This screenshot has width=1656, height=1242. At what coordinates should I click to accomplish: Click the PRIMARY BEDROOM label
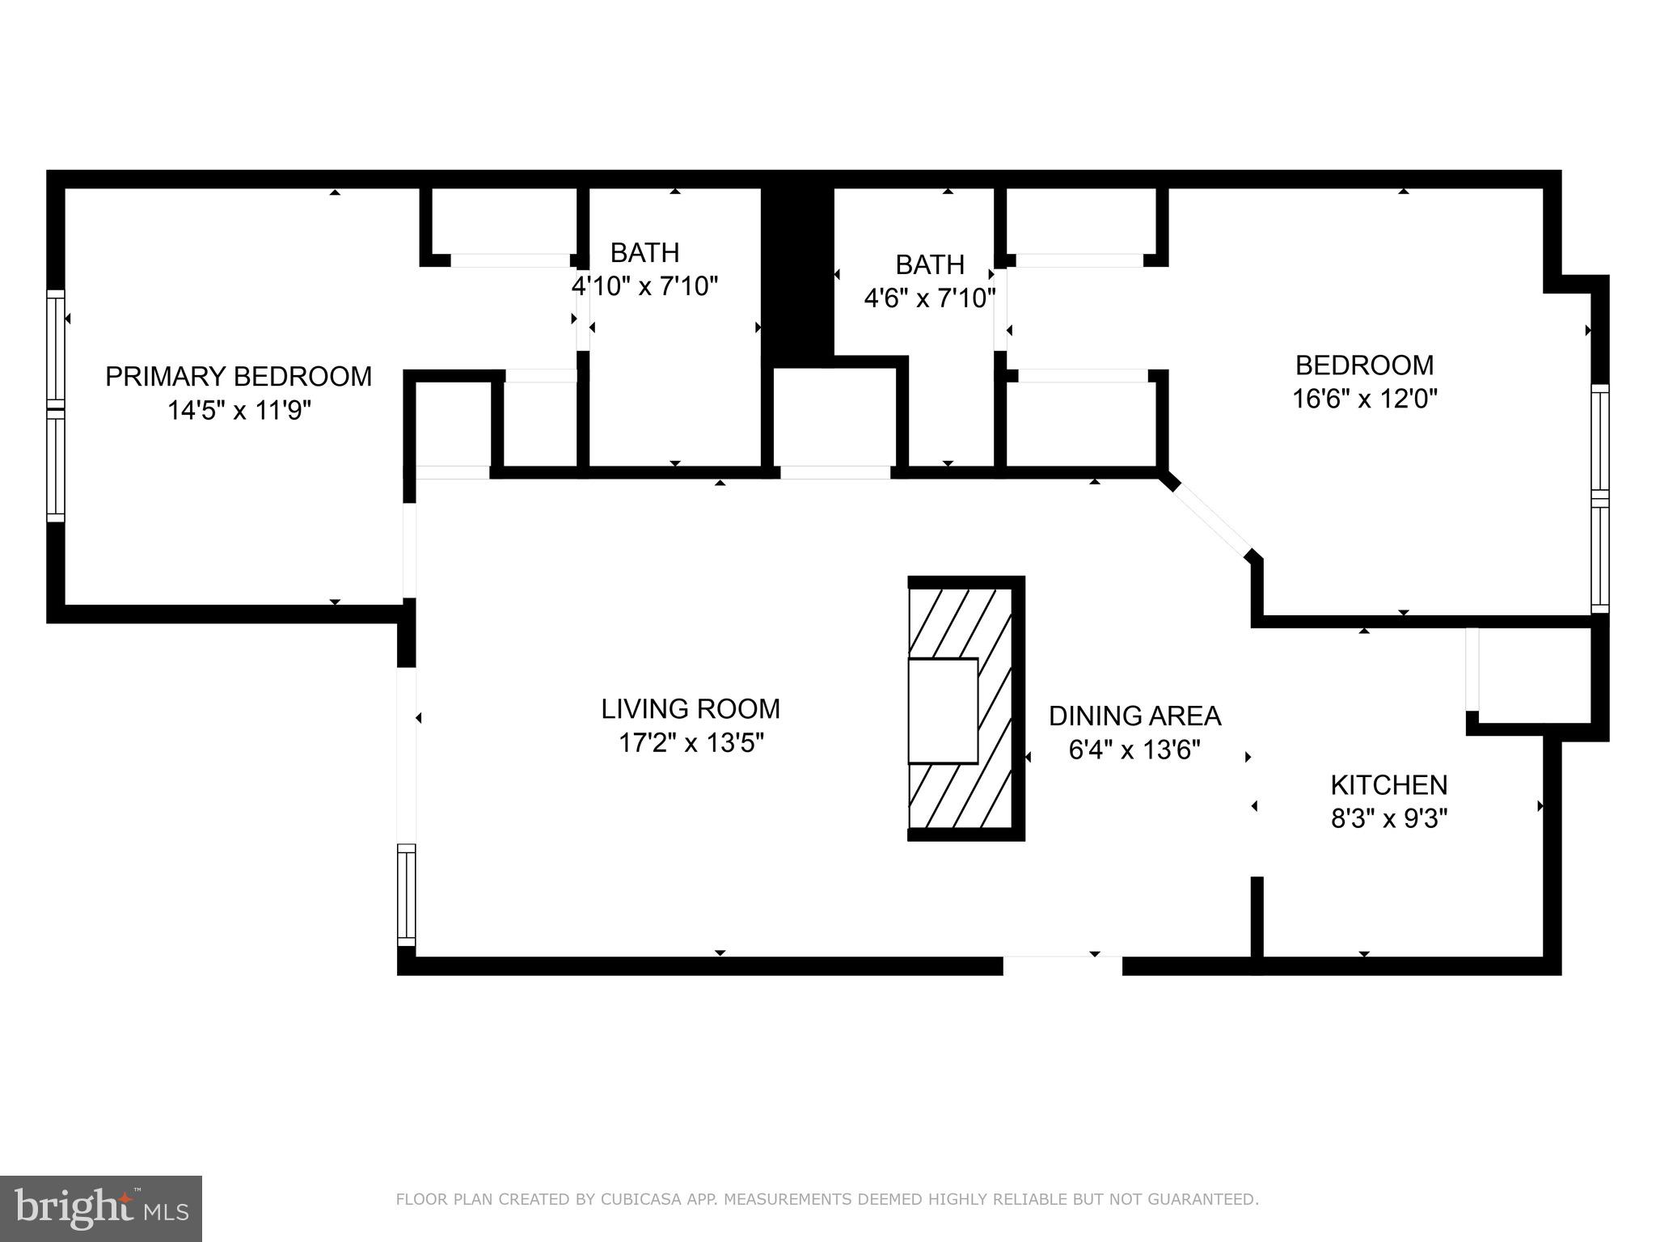(x=239, y=377)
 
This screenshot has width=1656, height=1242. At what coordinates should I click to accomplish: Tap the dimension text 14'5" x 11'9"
(x=239, y=411)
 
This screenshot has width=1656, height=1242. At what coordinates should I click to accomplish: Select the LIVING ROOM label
(x=691, y=709)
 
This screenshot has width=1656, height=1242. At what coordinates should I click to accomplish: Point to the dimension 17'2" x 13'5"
(x=691, y=742)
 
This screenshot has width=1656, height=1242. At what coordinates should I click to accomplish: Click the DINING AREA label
(x=1134, y=716)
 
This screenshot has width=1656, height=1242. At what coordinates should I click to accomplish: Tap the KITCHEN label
(x=1388, y=785)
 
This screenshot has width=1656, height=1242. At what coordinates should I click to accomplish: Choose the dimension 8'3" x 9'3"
(x=1388, y=819)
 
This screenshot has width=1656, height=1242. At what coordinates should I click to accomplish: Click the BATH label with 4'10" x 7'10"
(x=644, y=253)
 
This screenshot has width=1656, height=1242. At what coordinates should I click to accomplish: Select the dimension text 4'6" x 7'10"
(x=929, y=299)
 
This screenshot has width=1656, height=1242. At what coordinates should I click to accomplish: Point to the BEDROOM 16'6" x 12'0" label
(x=1364, y=365)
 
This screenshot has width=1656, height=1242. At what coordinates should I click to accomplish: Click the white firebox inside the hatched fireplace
(x=943, y=711)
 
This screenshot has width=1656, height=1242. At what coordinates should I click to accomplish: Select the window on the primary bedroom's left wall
(x=55, y=407)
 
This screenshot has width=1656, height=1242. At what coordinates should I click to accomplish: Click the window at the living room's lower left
(x=406, y=894)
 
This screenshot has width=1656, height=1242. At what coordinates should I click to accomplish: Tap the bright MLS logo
(x=100, y=1209)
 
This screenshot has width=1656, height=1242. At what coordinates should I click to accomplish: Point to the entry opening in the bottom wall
(x=1062, y=965)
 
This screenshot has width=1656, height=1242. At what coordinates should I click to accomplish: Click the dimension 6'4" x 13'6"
(x=1134, y=750)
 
